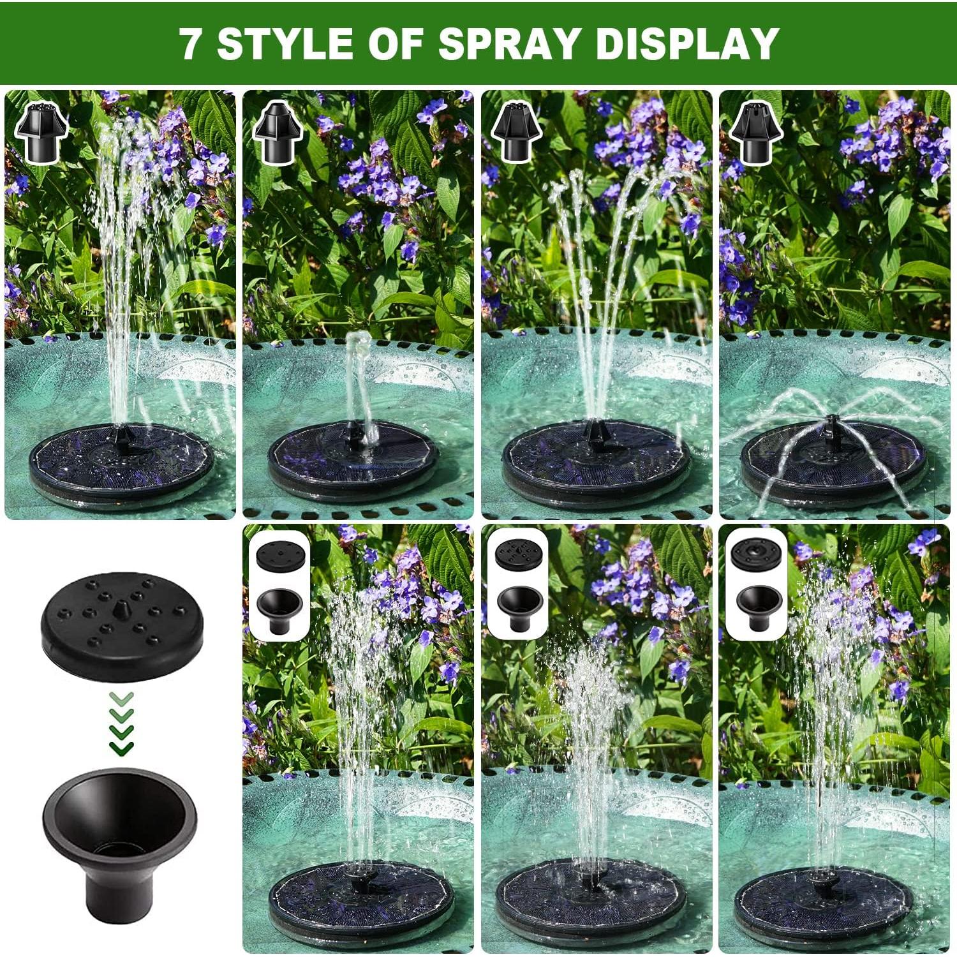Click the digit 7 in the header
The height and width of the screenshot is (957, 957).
coord(189,43)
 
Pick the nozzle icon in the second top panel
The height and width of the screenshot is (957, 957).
coord(279,132)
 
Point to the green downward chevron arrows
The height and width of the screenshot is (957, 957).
coord(121,721)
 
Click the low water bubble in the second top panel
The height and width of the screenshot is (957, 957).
coord(358,348)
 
